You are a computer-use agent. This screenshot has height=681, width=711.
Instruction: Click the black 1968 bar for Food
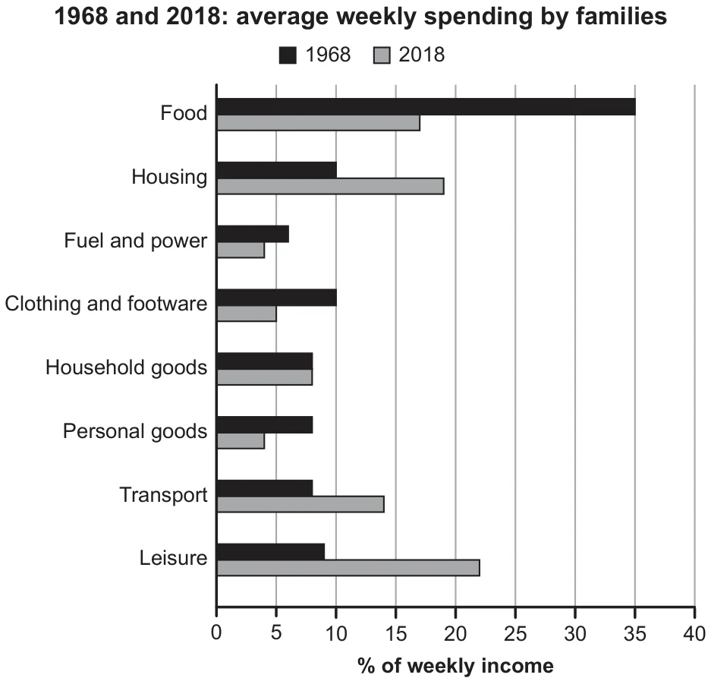click(x=426, y=106)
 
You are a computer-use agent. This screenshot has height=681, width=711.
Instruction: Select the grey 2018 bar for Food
click(x=318, y=123)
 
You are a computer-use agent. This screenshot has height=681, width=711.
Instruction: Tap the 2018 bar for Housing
click(x=331, y=187)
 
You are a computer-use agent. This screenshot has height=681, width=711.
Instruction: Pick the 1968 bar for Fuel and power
click(x=253, y=234)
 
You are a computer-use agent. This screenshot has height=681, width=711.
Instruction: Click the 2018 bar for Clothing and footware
click(x=247, y=314)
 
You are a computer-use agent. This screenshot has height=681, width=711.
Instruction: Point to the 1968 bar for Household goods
click(x=265, y=361)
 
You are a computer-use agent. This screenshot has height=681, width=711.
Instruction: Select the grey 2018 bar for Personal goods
click(x=241, y=440)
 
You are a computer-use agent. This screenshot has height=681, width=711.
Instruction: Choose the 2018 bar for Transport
click(x=300, y=504)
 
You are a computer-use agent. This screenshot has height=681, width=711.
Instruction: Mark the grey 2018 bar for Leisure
click(x=348, y=568)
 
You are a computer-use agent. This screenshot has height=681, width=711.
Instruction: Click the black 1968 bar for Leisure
click(x=271, y=552)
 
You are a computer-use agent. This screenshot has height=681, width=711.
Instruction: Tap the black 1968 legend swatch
click(x=288, y=55)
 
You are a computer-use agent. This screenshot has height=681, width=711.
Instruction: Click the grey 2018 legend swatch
click(x=382, y=55)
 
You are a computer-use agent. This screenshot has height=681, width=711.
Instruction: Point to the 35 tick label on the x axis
click(x=635, y=633)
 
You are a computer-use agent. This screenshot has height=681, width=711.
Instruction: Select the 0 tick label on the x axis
click(x=216, y=633)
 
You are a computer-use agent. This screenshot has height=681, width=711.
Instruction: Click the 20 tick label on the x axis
click(x=455, y=633)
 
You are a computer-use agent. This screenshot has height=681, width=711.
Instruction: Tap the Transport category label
click(x=163, y=494)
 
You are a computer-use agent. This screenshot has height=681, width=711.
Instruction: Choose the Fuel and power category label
click(x=136, y=241)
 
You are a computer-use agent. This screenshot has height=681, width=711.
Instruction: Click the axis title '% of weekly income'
click(x=456, y=666)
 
